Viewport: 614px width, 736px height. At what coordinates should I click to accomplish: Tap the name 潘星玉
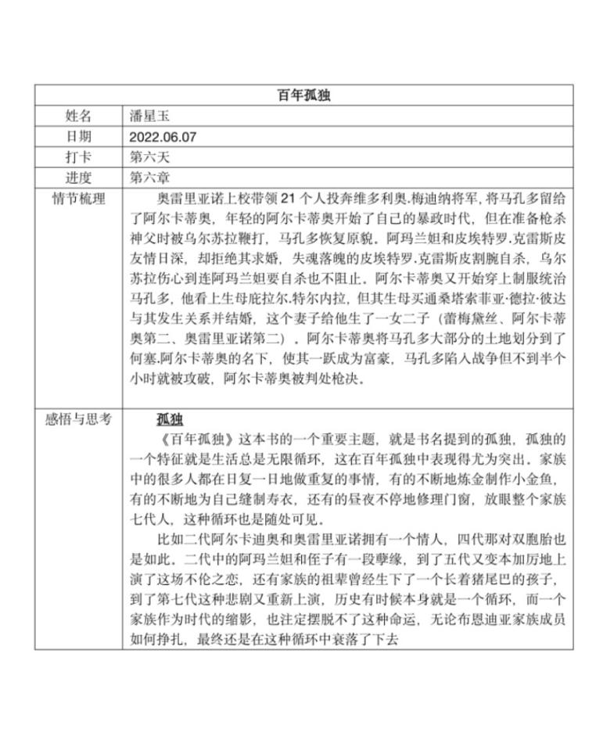[149, 117]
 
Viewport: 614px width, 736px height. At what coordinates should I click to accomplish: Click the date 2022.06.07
[163, 137]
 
